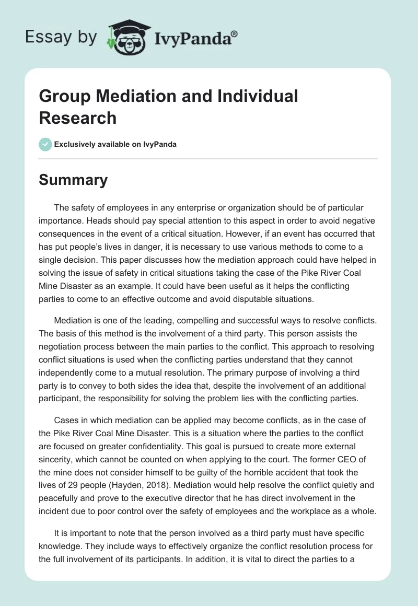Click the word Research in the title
[78, 118]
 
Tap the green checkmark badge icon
[45, 144]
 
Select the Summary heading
[73, 180]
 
